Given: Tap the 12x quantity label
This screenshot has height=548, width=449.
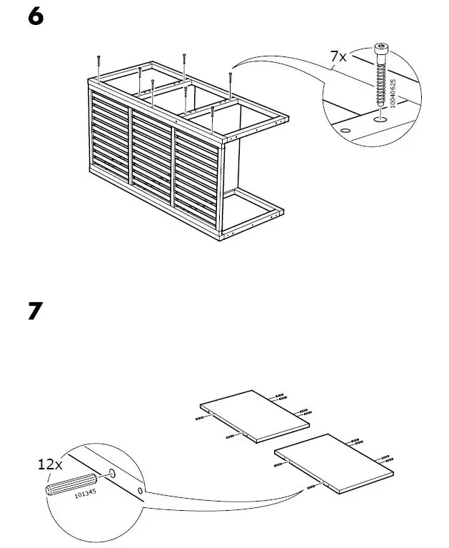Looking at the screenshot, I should (x=50, y=464).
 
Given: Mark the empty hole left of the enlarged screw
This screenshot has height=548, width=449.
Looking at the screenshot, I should (x=345, y=131).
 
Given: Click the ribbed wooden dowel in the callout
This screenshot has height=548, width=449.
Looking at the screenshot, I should (x=70, y=484).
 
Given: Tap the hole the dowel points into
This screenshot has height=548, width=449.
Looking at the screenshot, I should (x=113, y=474).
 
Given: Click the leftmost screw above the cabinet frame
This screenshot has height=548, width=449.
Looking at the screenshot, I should (x=97, y=66).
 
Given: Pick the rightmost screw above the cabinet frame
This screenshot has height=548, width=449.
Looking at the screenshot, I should (x=230, y=81).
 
